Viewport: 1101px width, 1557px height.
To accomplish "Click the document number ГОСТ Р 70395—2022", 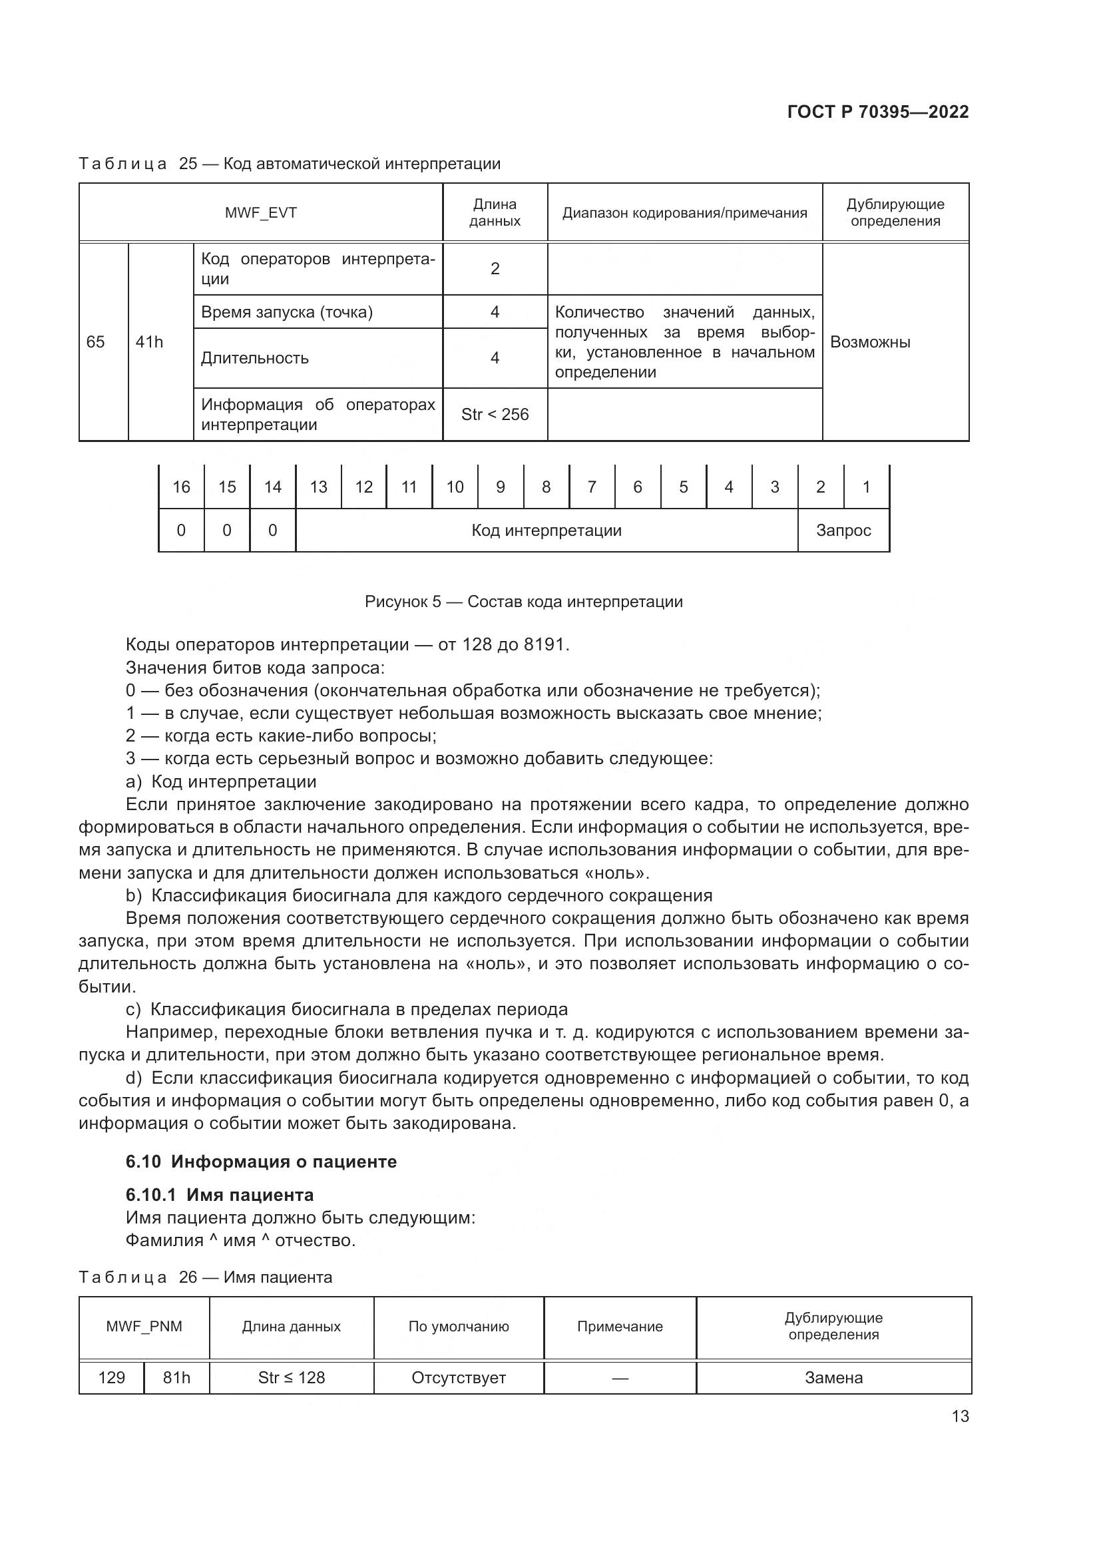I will pyautogui.click(x=877, y=112).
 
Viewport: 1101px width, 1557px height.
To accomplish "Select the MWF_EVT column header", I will pyautogui.click(x=260, y=213).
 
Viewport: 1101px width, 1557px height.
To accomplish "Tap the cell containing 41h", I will pyautogui.click(x=150, y=341).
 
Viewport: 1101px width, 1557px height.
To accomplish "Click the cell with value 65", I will pyautogui.click(x=96, y=341).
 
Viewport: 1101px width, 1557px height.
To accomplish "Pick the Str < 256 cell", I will pyautogui.click(x=494, y=414).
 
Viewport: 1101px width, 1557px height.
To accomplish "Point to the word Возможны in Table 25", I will pyautogui.click(x=870, y=341).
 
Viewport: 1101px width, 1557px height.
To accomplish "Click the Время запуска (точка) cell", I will pyautogui.click(x=287, y=312).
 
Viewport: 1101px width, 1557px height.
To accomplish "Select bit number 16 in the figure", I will pyautogui.click(x=181, y=487).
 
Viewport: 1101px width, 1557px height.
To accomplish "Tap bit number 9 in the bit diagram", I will pyautogui.click(x=501, y=487).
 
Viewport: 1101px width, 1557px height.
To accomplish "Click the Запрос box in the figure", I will pyautogui.click(x=843, y=531).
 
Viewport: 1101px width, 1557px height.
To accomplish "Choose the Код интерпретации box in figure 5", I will pyautogui.click(x=547, y=531).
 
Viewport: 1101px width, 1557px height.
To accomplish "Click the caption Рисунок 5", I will pyautogui.click(x=523, y=602).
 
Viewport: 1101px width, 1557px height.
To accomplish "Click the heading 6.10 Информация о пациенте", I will pyautogui.click(x=261, y=1162).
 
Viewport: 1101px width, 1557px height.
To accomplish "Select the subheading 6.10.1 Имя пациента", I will pyautogui.click(x=220, y=1194).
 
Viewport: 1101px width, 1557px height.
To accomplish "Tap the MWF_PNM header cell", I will pyautogui.click(x=144, y=1327).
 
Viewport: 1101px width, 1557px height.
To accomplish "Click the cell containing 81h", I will pyautogui.click(x=176, y=1377).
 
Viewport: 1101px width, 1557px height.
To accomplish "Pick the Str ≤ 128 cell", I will pyautogui.click(x=292, y=1377).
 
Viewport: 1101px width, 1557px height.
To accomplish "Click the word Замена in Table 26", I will pyautogui.click(x=833, y=1377).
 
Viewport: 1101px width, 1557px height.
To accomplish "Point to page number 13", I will pyautogui.click(x=960, y=1416).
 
